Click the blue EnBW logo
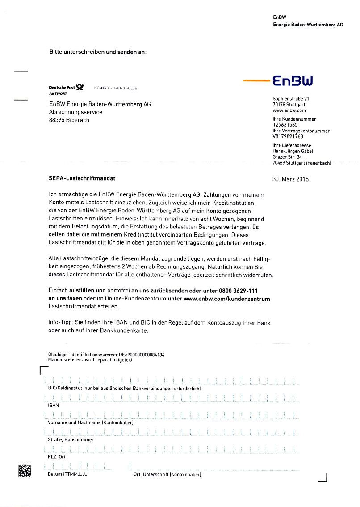293,81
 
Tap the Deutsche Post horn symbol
80,87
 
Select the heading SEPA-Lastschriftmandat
82,178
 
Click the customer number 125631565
285,125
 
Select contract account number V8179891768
288,137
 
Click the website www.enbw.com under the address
289,110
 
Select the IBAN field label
53,405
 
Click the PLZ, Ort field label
57,457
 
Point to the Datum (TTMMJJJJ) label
68,474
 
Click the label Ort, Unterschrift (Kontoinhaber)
167,474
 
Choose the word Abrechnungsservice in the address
75,112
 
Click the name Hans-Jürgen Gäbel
293,152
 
